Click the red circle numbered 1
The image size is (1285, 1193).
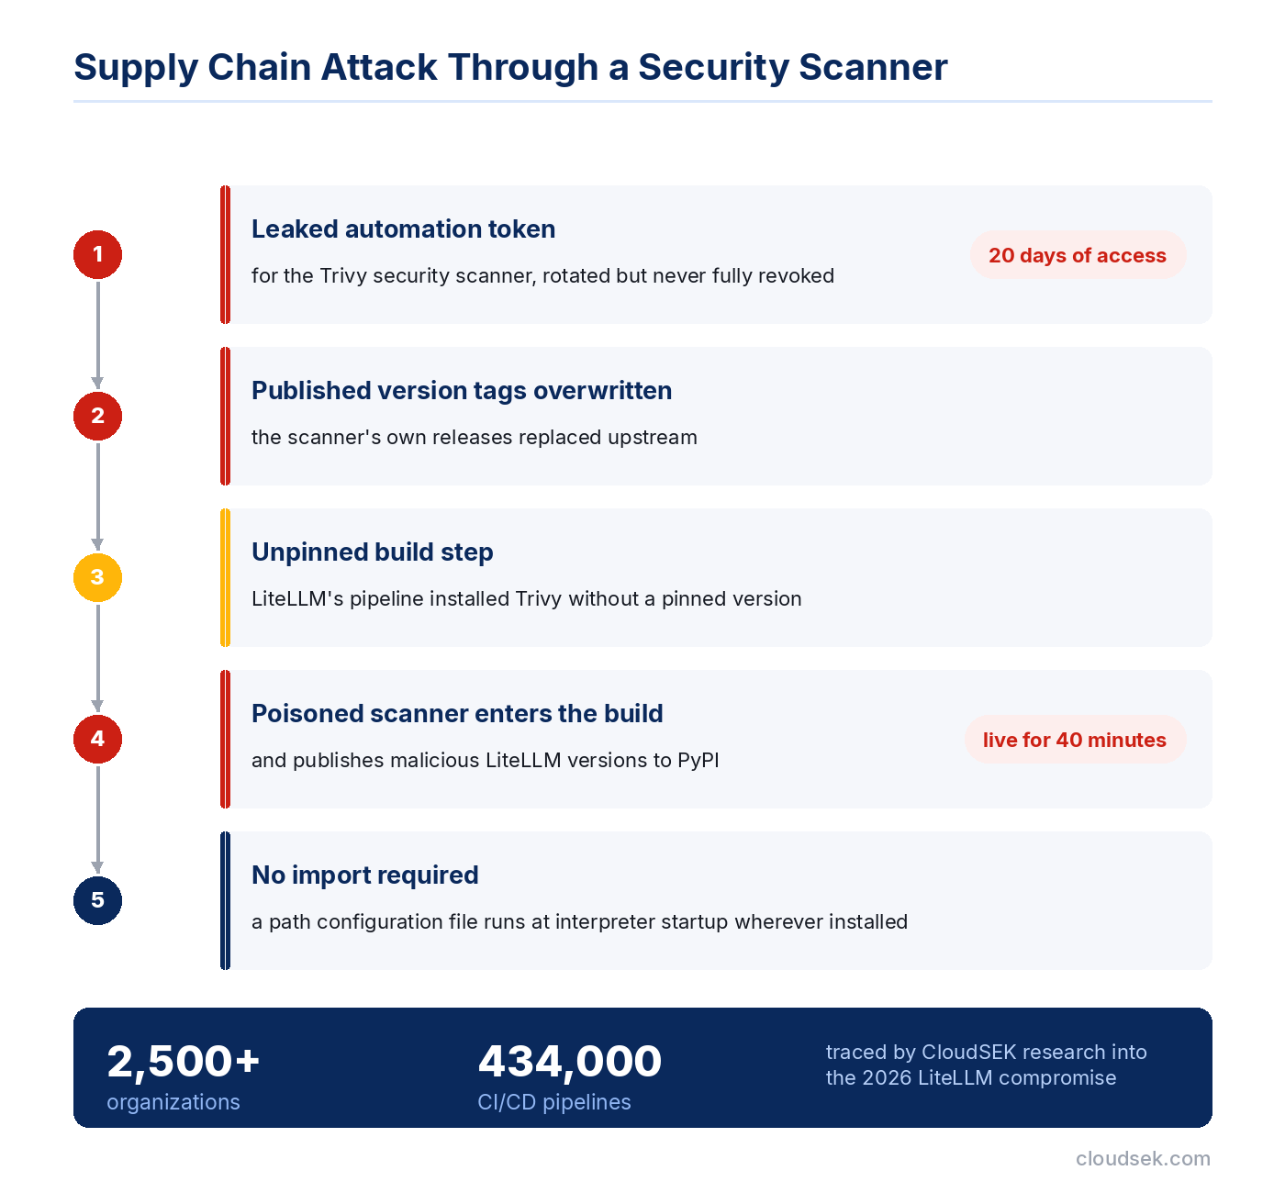click(97, 254)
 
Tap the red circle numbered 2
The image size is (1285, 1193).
click(97, 416)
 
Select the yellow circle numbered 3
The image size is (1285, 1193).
click(97, 577)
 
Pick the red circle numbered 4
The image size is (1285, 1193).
click(97, 739)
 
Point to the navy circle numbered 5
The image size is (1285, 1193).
click(97, 900)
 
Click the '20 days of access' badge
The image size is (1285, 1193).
click(1078, 255)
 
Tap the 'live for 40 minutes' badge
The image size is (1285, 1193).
click(1075, 740)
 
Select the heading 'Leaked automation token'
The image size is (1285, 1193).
click(403, 229)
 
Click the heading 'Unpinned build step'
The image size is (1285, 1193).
click(372, 552)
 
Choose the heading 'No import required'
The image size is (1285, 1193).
click(365, 875)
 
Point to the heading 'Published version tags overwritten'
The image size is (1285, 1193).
click(462, 391)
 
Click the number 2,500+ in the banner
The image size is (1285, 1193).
click(183, 1062)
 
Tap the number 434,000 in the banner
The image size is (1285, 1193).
click(569, 1062)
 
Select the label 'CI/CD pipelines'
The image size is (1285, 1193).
click(553, 1102)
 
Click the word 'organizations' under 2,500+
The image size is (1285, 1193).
click(173, 1102)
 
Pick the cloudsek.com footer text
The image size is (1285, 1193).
click(1143, 1158)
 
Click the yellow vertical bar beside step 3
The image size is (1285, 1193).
click(225, 577)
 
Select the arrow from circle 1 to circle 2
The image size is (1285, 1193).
click(97, 334)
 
